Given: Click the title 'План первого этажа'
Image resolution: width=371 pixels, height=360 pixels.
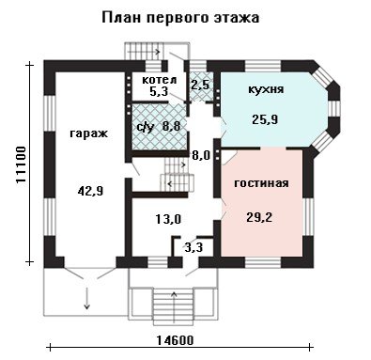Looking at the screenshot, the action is coord(180,18).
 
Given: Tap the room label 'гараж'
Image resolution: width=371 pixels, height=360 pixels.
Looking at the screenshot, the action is coord(89,133).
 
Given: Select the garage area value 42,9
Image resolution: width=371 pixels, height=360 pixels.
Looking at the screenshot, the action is coord(90,191).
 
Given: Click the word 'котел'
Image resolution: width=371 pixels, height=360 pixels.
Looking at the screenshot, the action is coord(160,80).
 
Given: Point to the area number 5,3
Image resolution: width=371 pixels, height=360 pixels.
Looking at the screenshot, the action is coord(159,91).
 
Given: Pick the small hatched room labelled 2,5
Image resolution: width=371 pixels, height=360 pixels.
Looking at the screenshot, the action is coord(200,86).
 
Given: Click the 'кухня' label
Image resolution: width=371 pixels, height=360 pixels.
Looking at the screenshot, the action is coord(266,89).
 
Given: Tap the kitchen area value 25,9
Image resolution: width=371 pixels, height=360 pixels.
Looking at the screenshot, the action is coord(265,119).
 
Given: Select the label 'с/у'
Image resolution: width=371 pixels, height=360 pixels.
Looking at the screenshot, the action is coord(146,127).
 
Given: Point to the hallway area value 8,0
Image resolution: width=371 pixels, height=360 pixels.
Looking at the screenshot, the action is coord(201,155).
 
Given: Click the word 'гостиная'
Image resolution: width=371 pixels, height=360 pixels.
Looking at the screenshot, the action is coord(261,183).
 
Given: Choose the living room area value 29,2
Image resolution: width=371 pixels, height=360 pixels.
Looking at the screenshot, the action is coord(259,217).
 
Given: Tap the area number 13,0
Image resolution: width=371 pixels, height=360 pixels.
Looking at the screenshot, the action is coord(168,219).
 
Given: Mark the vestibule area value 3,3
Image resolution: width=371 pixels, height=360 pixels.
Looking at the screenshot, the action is coord(193,248).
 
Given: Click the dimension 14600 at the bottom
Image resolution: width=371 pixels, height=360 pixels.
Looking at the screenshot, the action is coord(175,339).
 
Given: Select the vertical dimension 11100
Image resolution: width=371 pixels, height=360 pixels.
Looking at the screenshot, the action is coord(22,164).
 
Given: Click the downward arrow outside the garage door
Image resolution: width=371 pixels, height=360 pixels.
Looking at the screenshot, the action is coord(86,298).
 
